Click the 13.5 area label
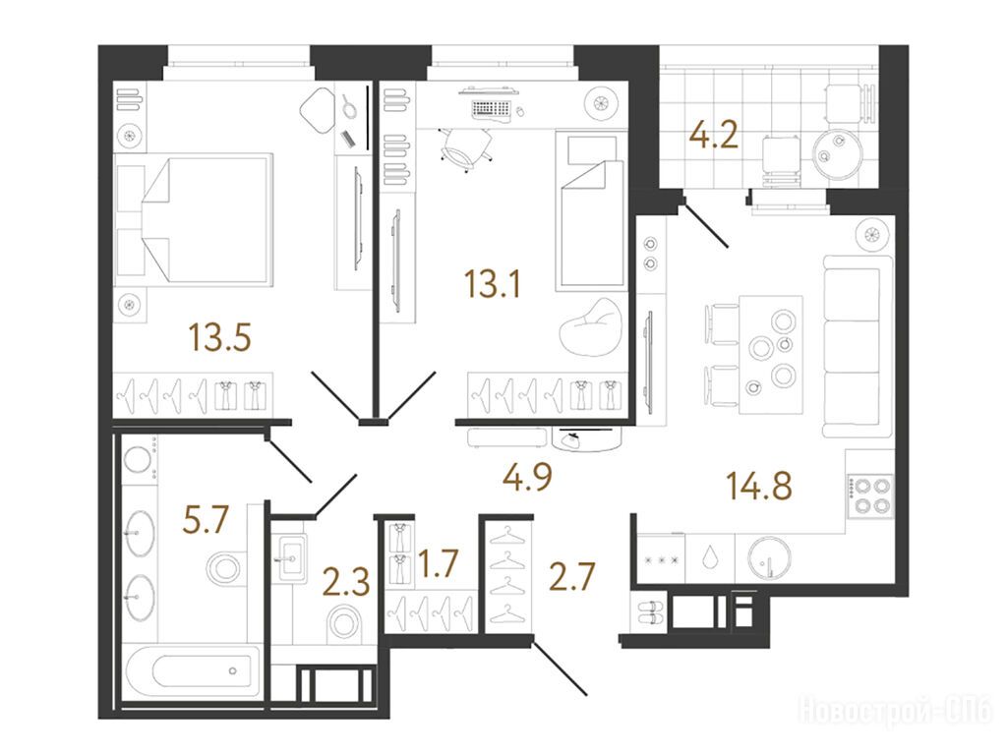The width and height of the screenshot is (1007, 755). [219, 337]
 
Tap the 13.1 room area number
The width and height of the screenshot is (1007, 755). [493, 284]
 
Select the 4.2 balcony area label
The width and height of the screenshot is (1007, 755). [713, 136]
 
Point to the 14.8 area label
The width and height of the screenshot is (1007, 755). [759, 486]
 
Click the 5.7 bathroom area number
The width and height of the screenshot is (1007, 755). [206, 519]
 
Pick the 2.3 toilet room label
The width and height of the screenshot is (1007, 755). [346, 583]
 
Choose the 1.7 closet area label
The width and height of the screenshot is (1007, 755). [438, 563]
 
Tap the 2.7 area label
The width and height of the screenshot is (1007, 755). [572, 576]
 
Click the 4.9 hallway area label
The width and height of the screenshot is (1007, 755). [528, 477]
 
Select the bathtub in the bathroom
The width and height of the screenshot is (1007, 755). [193, 671]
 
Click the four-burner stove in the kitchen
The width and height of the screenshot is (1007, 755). [870, 495]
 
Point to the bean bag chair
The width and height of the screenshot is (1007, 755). [591, 326]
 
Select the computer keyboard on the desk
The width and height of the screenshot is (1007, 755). [492, 109]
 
